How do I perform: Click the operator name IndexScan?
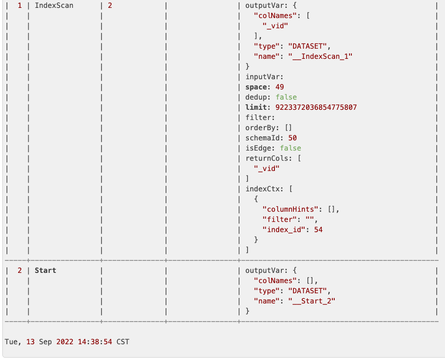(x=54, y=6)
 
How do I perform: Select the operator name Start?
(x=45, y=271)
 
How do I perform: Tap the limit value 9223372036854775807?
(x=316, y=107)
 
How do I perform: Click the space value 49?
(x=280, y=87)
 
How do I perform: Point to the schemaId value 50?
(x=292, y=138)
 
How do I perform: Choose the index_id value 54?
(x=318, y=230)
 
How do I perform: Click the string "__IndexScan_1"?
(x=321, y=57)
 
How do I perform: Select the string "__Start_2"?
(x=312, y=301)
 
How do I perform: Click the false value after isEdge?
(x=290, y=148)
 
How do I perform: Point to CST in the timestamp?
(x=123, y=342)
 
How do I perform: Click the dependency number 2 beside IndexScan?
(x=109, y=6)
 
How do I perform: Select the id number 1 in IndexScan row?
(x=20, y=6)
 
